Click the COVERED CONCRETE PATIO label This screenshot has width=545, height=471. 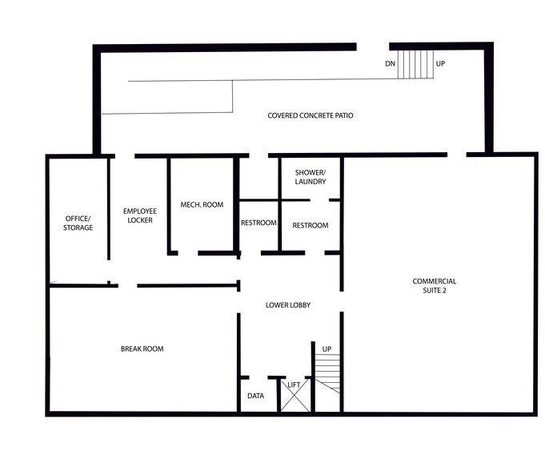(x=310, y=116)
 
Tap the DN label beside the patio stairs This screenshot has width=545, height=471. (x=390, y=63)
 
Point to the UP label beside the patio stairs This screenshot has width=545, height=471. (x=440, y=63)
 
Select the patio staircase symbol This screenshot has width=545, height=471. (x=415, y=63)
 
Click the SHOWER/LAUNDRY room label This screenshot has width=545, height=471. (x=311, y=177)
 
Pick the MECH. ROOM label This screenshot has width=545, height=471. (x=202, y=205)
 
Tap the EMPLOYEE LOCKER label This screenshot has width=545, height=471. (x=138, y=215)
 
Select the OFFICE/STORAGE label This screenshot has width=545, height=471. (x=78, y=223)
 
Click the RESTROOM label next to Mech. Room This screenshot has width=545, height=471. (x=258, y=223)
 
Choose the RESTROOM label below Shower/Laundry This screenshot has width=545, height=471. (x=311, y=226)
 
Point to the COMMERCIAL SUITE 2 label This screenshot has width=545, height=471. (x=435, y=286)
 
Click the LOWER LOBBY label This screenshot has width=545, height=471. (x=288, y=305)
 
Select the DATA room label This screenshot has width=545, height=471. (x=256, y=396)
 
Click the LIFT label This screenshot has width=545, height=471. (x=294, y=386)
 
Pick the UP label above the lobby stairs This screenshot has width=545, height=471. (x=327, y=349)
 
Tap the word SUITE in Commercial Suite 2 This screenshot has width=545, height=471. (x=435, y=291)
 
